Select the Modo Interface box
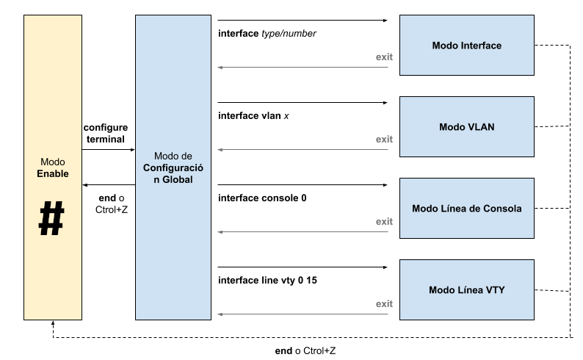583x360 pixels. (466, 46)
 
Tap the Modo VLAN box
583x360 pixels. (466, 127)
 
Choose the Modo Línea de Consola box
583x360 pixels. (466, 208)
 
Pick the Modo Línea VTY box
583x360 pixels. (466, 289)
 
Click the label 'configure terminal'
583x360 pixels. (105, 133)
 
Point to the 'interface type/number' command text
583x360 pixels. (267, 34)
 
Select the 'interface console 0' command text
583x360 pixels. (262, 197)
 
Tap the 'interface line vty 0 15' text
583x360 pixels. (267, 280)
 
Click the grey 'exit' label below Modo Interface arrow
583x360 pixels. (384, 57)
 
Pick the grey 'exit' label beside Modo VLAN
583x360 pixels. (384, 139)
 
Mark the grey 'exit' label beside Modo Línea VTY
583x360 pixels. (384, 303)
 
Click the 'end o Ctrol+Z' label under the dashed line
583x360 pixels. (305, 351)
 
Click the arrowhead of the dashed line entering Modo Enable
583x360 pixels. (51, 323)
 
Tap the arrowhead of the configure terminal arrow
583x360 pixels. (132, 149)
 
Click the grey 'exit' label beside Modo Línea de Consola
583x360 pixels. (384, 221)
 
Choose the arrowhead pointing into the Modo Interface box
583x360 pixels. (385, 21)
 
